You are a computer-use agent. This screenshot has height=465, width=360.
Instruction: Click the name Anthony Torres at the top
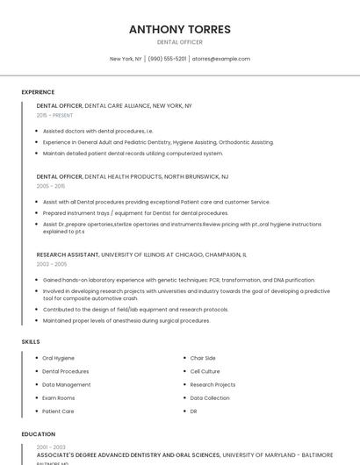coord(180,29)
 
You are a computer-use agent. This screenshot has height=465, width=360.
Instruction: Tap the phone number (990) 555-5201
coord(167,59)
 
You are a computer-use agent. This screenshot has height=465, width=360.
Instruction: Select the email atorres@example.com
coord(220,59)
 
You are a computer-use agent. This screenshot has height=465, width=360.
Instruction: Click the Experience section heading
coord(38,92)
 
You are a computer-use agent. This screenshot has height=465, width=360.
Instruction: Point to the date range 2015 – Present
coord(54,115)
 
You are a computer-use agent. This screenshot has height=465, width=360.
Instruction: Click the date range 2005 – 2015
coord(51,186)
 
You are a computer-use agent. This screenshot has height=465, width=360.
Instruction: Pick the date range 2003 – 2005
coord(51,264)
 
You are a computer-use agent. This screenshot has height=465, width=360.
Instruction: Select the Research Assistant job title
coord(68,254)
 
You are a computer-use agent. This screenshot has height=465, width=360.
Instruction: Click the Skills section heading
coord(31,340)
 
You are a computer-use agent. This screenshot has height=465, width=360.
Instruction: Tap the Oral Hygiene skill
coord(59,358)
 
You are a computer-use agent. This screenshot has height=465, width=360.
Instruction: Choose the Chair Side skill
coord(203,358)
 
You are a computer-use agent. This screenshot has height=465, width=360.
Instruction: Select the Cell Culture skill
coord(205,371)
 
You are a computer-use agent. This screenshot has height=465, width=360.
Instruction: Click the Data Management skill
coord(67,384)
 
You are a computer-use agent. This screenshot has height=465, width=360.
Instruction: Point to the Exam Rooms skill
coord(59,397)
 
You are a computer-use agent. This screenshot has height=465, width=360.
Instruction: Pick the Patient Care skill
coord(58,411)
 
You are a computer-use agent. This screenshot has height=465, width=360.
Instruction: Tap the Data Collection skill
coord(210,397)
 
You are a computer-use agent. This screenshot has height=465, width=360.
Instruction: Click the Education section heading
coord(38,434)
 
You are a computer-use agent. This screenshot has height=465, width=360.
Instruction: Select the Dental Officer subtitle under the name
coord(180,42)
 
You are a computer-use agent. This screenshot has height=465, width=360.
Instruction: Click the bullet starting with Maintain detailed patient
coord(133,153)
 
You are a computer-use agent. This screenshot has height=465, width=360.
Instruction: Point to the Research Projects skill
coord(212,384)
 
